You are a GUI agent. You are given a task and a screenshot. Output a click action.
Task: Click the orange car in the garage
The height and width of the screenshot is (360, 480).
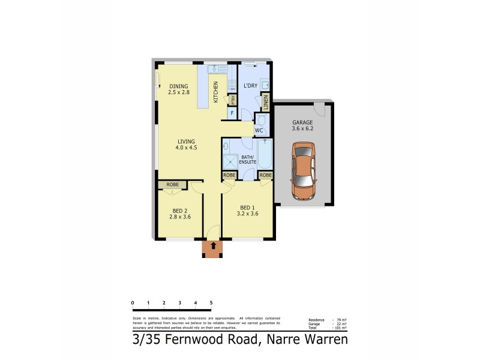[x=303, y=170]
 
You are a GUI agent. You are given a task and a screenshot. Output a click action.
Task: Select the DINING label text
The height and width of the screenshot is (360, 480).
[x=178, y=86]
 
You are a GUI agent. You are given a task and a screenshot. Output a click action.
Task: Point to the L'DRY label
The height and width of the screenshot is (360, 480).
[x=251, y=86]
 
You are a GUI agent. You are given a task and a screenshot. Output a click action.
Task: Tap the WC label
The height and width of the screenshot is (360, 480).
[x=259, y=130]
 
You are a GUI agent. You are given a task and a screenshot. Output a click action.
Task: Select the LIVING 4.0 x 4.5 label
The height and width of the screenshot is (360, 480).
[x=186, y=144]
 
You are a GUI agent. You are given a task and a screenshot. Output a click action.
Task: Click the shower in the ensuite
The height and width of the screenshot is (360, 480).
[x=230, y=163]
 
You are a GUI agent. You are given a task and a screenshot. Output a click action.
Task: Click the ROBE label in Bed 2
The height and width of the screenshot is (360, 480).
[x=173, y=185]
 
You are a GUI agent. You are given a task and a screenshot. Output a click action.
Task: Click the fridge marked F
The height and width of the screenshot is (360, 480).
[x=231, y=112]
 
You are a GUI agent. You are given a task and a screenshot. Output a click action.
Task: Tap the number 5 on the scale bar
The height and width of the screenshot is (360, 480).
[x=211, y=302]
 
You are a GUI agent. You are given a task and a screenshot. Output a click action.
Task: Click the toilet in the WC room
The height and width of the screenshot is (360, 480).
[x=261, y=120]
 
